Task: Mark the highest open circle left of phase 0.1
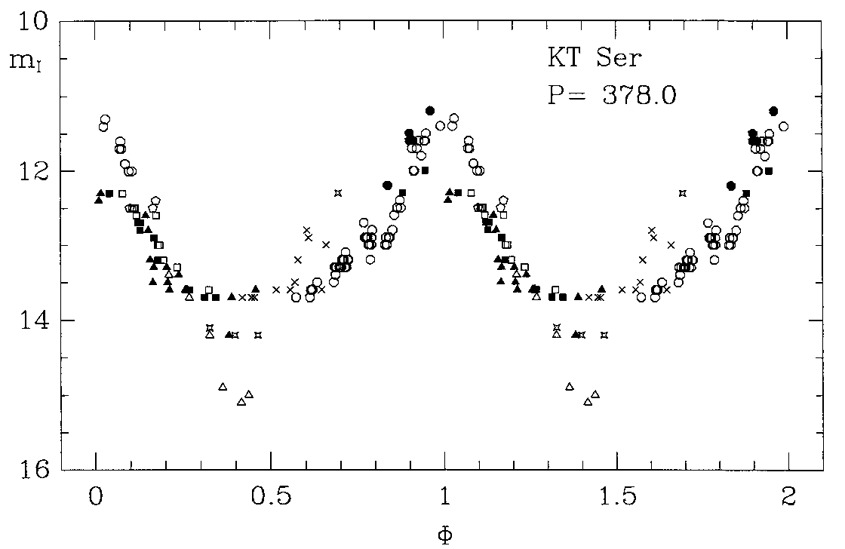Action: click(105, 119)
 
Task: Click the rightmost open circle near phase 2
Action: click(783, 126)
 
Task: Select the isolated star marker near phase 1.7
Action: click(683, 193)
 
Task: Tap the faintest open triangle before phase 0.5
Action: click(241, 402)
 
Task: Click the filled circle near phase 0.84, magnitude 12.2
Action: click(387, 186)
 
